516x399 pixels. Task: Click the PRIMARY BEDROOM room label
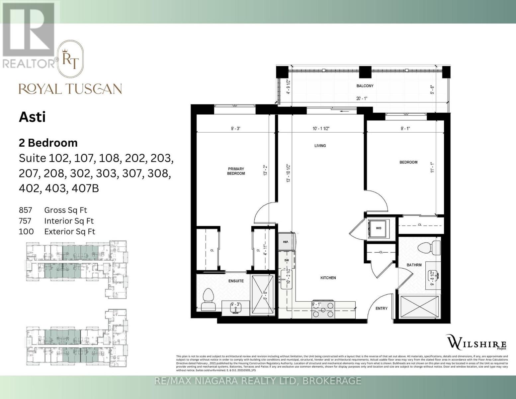236,171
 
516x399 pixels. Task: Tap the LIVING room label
320,146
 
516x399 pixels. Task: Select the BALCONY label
365,86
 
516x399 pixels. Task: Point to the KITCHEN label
328,278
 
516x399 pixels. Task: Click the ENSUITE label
236,281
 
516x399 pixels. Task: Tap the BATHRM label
414,265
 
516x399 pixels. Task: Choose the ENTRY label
381,308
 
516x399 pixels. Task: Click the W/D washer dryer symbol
379,228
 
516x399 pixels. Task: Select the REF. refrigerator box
286,242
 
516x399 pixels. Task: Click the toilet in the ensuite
209,299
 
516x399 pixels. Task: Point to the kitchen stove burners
323,309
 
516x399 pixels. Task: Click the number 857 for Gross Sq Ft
26,210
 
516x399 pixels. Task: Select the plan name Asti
32,117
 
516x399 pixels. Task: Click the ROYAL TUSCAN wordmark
70,89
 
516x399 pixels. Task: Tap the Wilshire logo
477,342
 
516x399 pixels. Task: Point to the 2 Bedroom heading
48,143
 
